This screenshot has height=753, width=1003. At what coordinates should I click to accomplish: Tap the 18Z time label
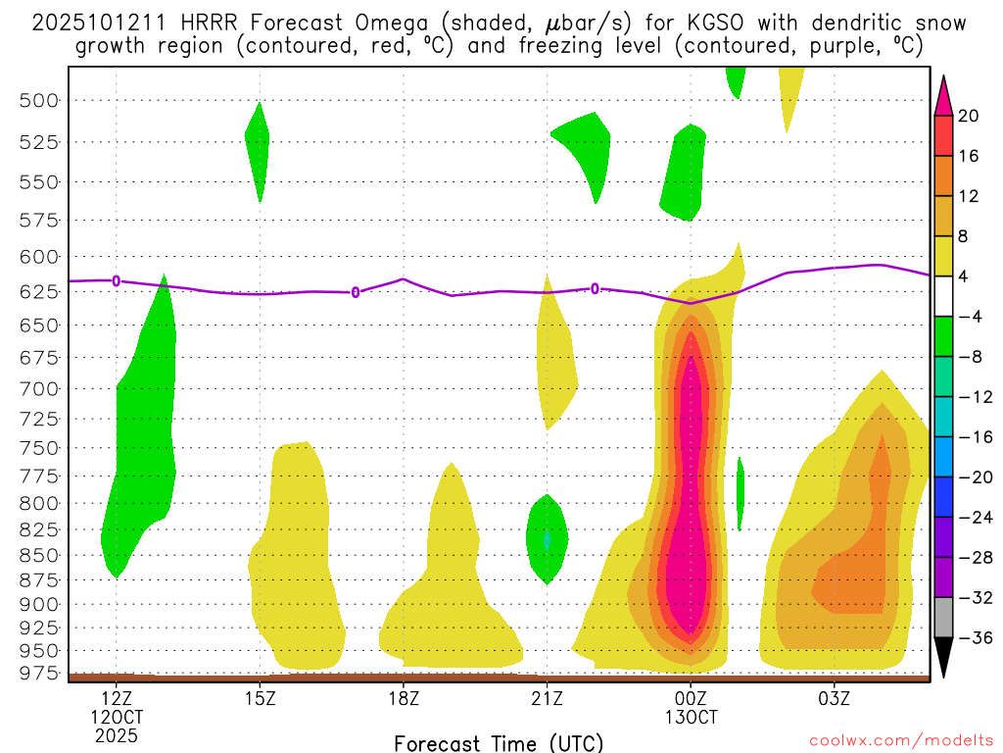coord(404,699)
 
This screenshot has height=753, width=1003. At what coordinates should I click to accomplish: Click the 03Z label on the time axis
coord(834,699)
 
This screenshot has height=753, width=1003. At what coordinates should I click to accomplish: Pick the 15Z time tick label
coord(260,699)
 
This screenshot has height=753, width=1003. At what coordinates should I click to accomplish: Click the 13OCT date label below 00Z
coord(691,717)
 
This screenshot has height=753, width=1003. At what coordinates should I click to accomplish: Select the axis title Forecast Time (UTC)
coord(499,742)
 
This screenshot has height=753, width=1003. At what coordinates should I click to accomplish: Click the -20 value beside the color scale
coord(973,477)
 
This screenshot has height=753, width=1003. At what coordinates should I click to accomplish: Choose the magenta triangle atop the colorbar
coord(944,95)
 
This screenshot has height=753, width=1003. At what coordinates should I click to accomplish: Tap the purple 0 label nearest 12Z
coord(117,280)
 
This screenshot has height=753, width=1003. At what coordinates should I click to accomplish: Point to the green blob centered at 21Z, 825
coord(547,537)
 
